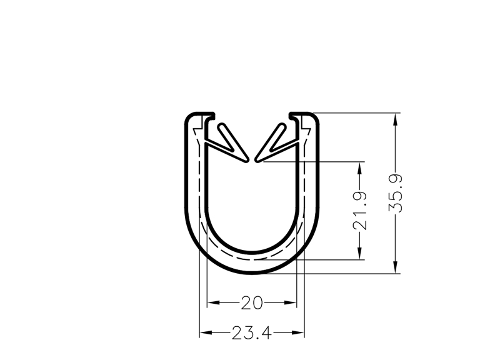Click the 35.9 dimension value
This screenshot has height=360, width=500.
(x=396, y=193)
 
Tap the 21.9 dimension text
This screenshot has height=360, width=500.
(x=360, y=211)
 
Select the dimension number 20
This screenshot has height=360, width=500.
(x=252, y=303)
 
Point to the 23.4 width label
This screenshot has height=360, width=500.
(x=252, y=333)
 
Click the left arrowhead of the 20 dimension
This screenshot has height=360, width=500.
(x=213, y=302)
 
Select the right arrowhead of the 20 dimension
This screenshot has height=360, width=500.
(x=291, y=302)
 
